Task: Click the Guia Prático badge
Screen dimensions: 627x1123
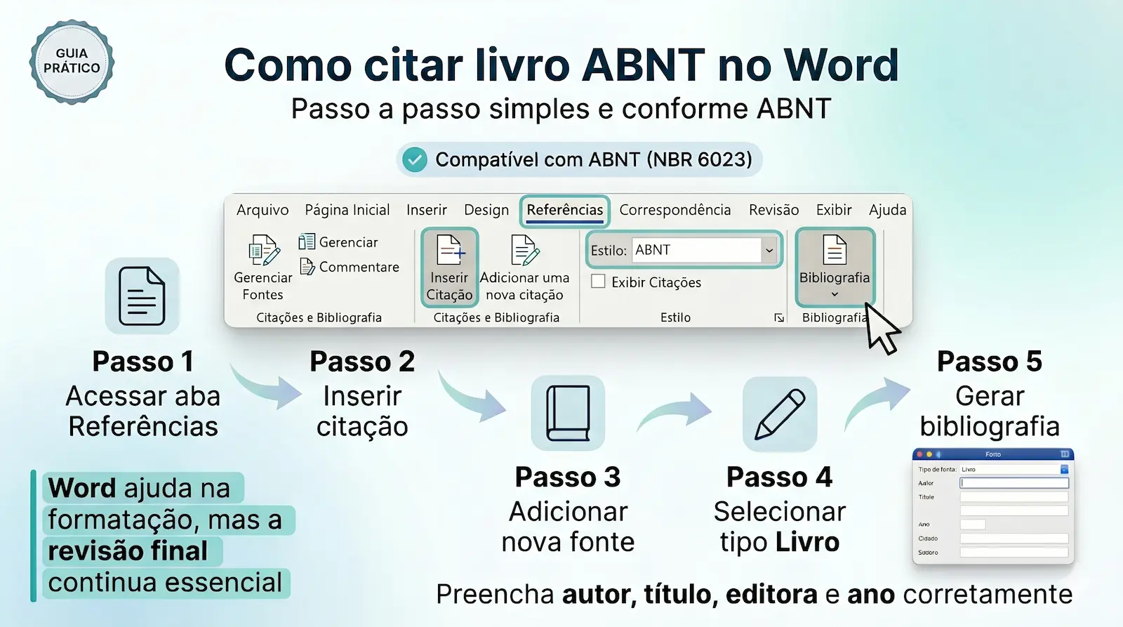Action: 72,62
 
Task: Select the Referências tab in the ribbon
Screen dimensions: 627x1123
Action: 564,210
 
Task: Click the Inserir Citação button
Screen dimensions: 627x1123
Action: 449,268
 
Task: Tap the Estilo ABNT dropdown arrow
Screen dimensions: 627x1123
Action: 769,251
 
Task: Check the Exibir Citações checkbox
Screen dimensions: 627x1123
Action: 599,282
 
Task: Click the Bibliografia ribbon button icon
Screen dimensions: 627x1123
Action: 835,251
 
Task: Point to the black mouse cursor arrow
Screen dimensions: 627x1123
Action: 880,329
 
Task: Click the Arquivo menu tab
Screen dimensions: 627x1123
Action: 263,210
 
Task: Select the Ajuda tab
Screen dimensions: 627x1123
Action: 887,210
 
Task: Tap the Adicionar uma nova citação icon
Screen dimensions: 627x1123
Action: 524,251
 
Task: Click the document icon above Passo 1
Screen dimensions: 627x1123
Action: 142,296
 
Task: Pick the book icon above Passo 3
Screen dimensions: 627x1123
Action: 568,413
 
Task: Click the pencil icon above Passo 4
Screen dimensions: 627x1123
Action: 780,414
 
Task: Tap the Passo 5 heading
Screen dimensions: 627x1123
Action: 990,362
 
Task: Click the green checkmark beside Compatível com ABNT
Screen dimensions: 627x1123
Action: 415,160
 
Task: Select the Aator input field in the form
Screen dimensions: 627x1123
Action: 1014,483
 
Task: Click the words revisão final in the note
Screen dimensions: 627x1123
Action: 128,551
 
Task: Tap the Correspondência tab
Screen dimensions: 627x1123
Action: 675,210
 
